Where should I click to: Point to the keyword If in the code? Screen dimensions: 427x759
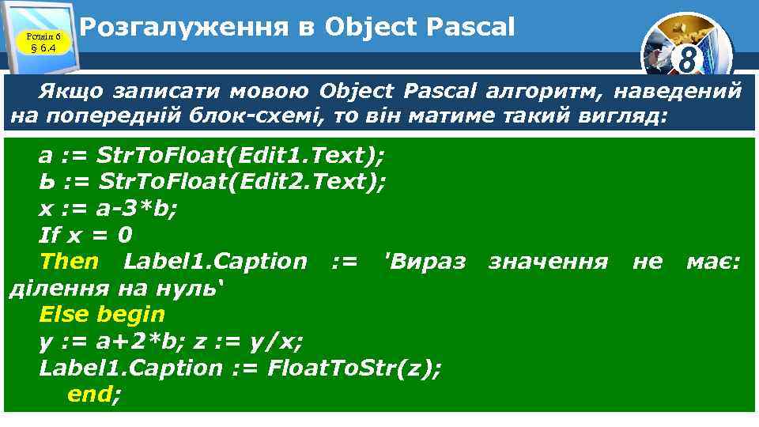pos(48,235)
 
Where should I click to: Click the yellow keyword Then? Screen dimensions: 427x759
pos(69,261)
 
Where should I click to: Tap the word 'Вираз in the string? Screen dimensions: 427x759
pos(424,261)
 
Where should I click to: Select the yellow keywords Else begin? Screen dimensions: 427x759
pos(102,314)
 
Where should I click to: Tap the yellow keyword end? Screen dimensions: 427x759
pos(90,394)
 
